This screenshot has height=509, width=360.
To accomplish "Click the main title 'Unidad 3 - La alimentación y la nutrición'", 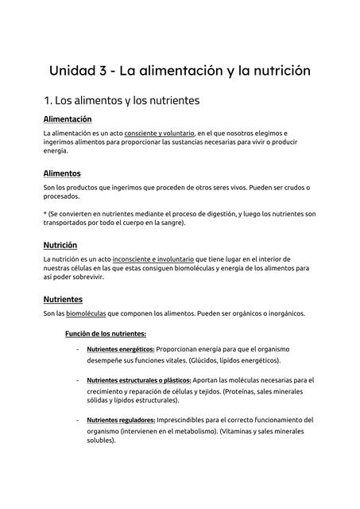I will (180, 71).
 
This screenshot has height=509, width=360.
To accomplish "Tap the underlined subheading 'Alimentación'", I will (68, 119).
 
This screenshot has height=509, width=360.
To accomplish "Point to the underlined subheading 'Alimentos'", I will (62, 173).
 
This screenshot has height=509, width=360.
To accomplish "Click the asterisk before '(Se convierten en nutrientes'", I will (45, 214).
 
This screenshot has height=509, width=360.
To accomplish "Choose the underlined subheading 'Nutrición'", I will (60, 245).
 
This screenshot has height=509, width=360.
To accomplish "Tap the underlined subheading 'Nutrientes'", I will (63, 299).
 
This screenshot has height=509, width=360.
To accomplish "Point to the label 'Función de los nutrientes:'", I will (106, 334).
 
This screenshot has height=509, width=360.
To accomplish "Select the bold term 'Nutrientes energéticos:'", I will (121, 348).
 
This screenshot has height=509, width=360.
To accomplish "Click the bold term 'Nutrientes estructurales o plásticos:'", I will (139, 381).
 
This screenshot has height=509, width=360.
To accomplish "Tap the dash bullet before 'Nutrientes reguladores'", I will (77, 420).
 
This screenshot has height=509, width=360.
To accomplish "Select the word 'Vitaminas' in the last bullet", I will (241, 431).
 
